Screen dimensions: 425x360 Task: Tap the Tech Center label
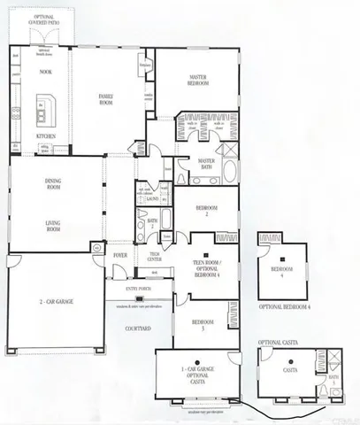pyautogui.click(x=155, y=255)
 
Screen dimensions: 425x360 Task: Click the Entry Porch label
pyautogui.click(x=137, y=287)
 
